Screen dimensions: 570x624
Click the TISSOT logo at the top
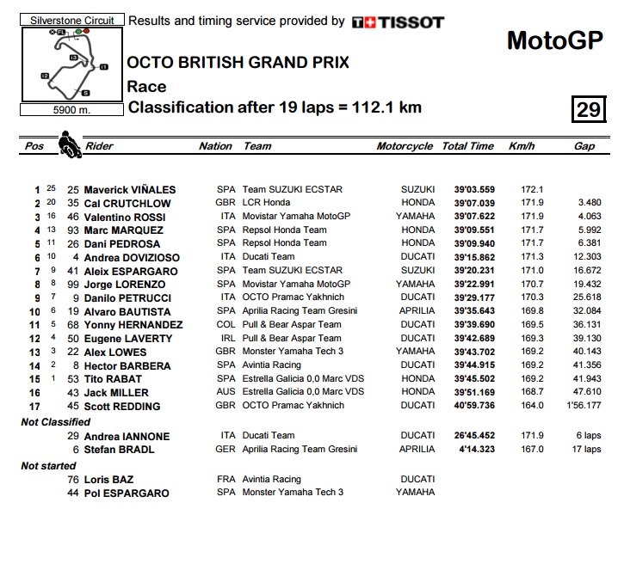(398, 22)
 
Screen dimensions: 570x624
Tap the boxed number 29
(588, 109)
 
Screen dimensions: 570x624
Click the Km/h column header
(522, 146)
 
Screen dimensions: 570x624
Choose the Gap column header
(584, 146)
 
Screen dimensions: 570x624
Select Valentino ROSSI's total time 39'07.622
(468, 217)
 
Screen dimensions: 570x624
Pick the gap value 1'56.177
(583, 407)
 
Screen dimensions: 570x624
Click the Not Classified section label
(56, 422)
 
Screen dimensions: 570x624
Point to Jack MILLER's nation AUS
(226, 393)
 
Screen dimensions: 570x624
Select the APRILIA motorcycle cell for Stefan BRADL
(417, 449)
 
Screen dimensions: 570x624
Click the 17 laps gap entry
(584, 449)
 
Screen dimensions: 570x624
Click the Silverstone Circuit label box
(71, 19)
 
